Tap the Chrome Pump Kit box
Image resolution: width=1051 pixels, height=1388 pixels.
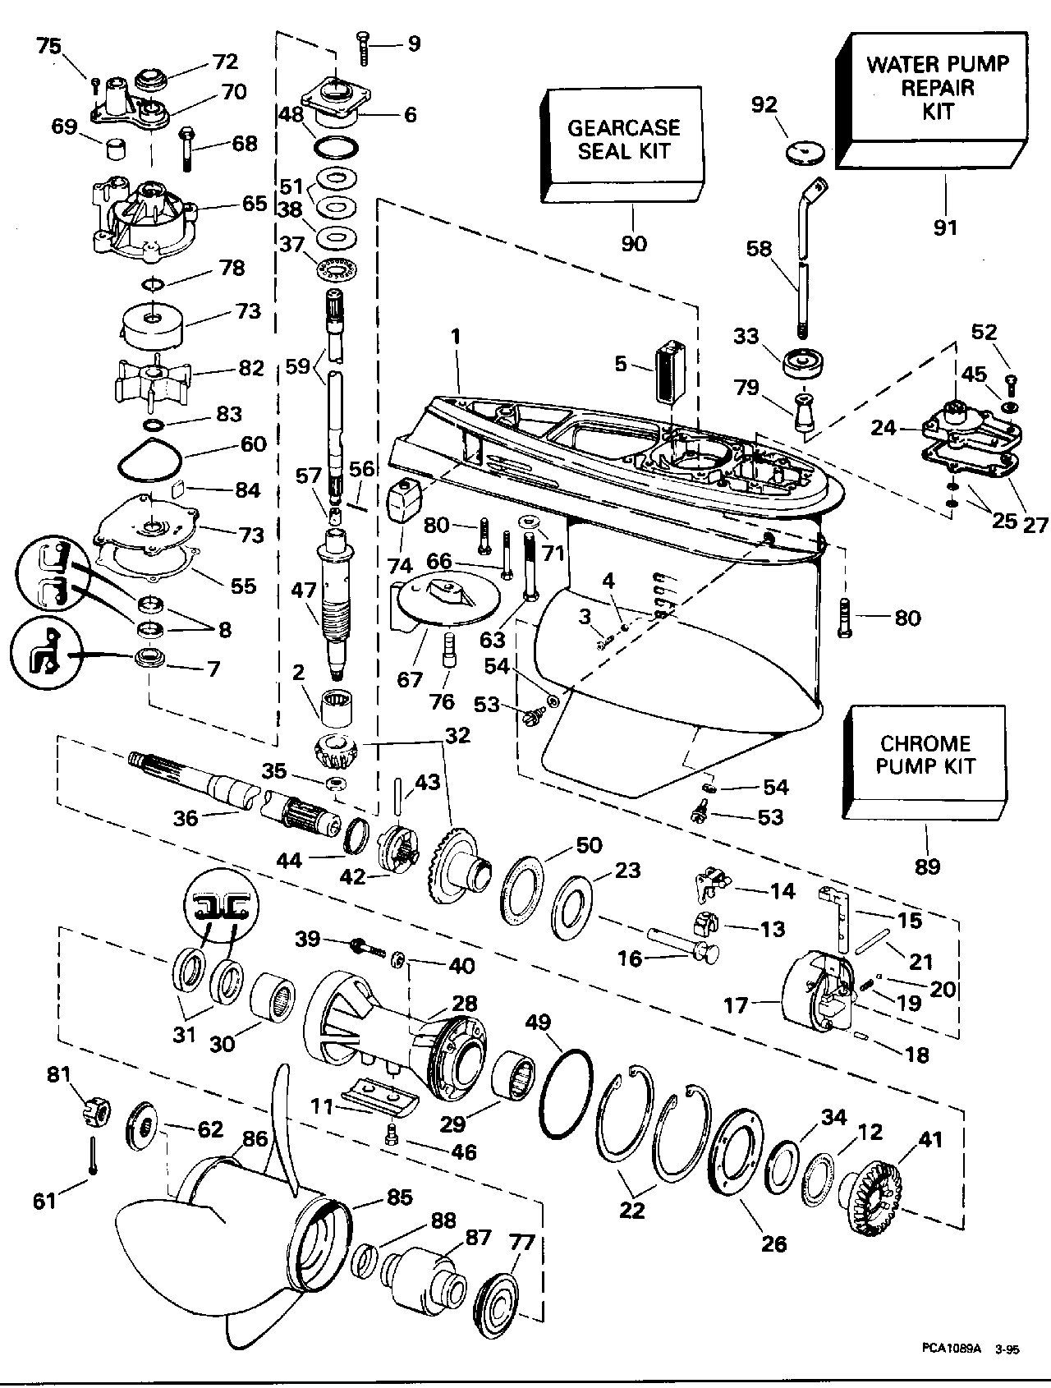[x=925, y=756]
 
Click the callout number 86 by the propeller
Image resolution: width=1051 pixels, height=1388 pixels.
[x=255, y=1138]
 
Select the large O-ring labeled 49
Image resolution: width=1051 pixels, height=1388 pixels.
[x=567, y=1092]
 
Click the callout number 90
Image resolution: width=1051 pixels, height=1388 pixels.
[x=635, y=243]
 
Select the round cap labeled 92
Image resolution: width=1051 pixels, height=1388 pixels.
[x=802, y=152]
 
